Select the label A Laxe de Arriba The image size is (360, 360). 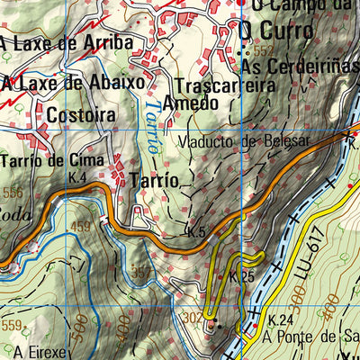66,42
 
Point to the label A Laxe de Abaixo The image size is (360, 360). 73,83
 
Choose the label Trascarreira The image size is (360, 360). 224,87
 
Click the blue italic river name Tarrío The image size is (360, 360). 153,123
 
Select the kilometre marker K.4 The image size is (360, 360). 77,178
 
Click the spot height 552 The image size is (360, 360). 263,51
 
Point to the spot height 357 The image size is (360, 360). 141,271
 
